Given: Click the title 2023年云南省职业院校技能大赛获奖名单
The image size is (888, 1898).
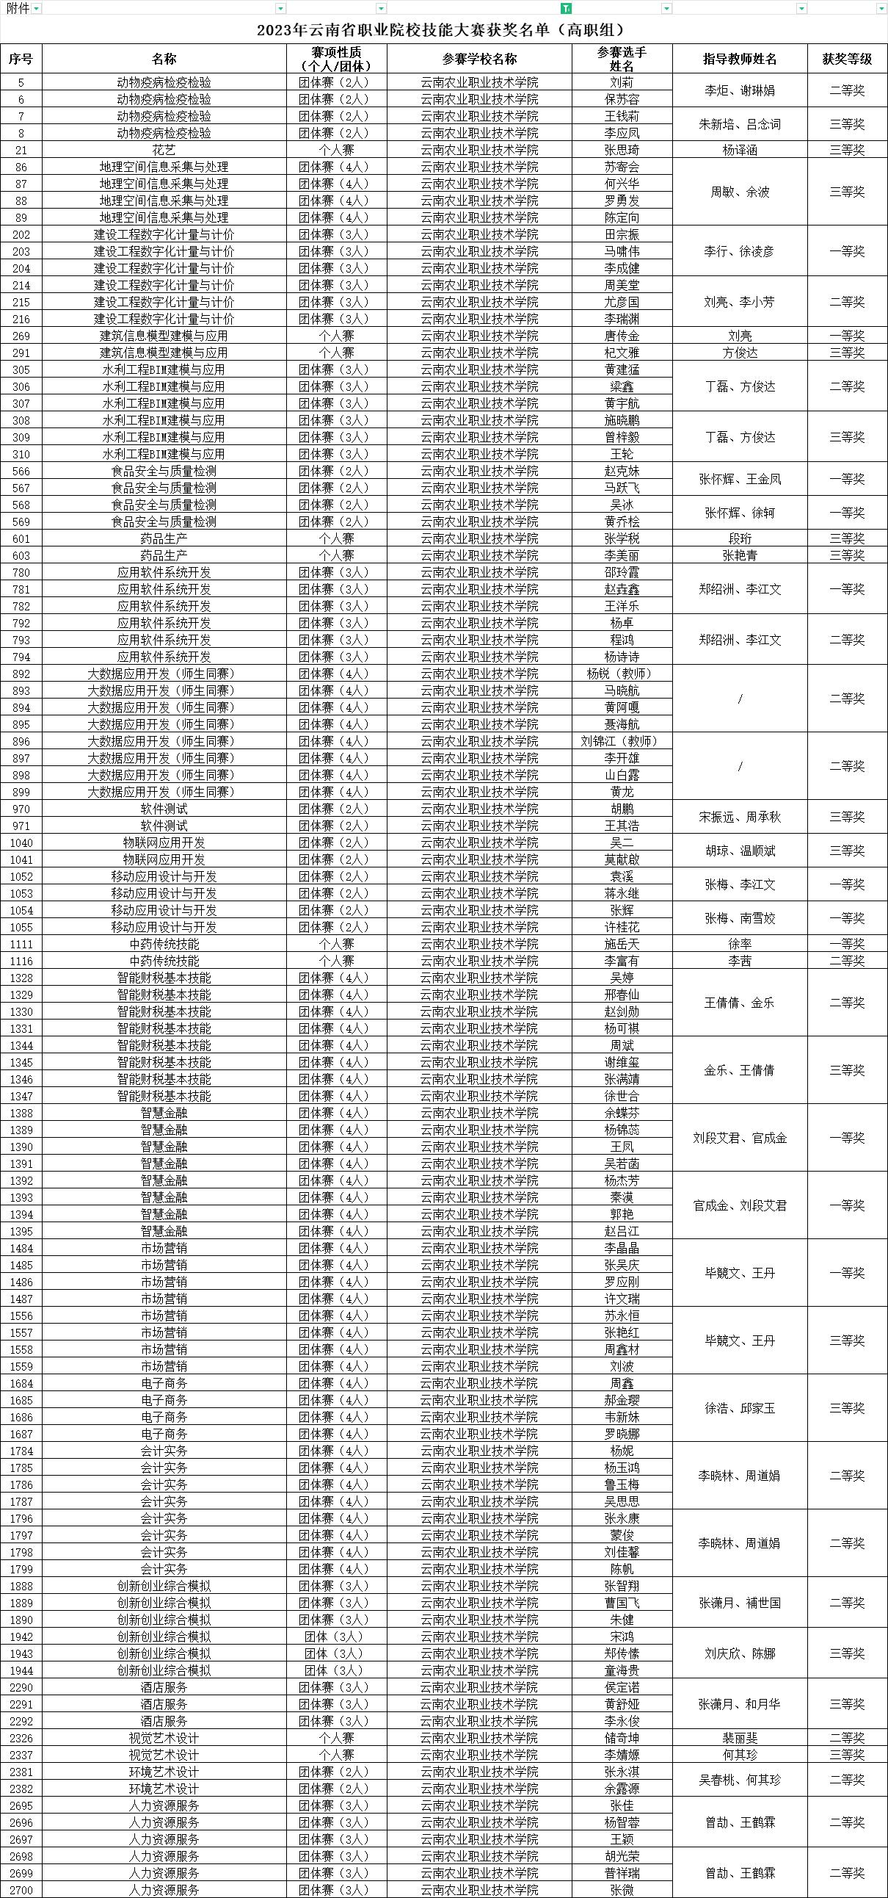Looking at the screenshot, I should click(x=440, y=30).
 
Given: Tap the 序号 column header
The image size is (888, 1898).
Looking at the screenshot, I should click(x=21, y=59).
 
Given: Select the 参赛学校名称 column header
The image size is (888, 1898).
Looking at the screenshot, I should click(x=479, y=59).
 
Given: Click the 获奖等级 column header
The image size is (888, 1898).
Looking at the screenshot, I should click(x=847, y=59).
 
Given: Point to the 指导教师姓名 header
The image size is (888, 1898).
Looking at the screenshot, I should click(x=739, y=59).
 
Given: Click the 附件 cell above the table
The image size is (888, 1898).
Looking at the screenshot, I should click(x=18, y=8).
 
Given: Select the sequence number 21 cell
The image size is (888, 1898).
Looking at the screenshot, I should click(x=21, y=150).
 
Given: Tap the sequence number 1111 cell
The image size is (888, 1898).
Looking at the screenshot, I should click(x=21, y=944).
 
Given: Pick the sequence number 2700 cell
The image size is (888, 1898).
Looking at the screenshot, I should click(x=21, y=1890).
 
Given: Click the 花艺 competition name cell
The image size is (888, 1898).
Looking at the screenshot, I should click(x=164, y=150).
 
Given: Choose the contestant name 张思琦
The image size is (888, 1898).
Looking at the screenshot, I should click(x=622, y=150).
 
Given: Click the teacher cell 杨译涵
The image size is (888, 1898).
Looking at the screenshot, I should click(x=739, y=150).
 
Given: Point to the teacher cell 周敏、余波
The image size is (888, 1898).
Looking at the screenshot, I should click(x=739, y=192).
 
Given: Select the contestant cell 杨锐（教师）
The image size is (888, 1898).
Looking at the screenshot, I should click(x=622, y=674).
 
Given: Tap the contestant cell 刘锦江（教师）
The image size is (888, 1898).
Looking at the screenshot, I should click(x=622, y=741).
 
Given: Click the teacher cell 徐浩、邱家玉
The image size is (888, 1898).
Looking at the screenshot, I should click(x=739, y=1408).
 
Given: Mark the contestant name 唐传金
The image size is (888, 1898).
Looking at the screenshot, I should click(x=622, y=336).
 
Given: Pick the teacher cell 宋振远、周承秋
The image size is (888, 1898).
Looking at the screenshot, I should click(x=739, y=817).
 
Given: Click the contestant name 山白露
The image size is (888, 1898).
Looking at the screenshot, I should click(x=622, y=775).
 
